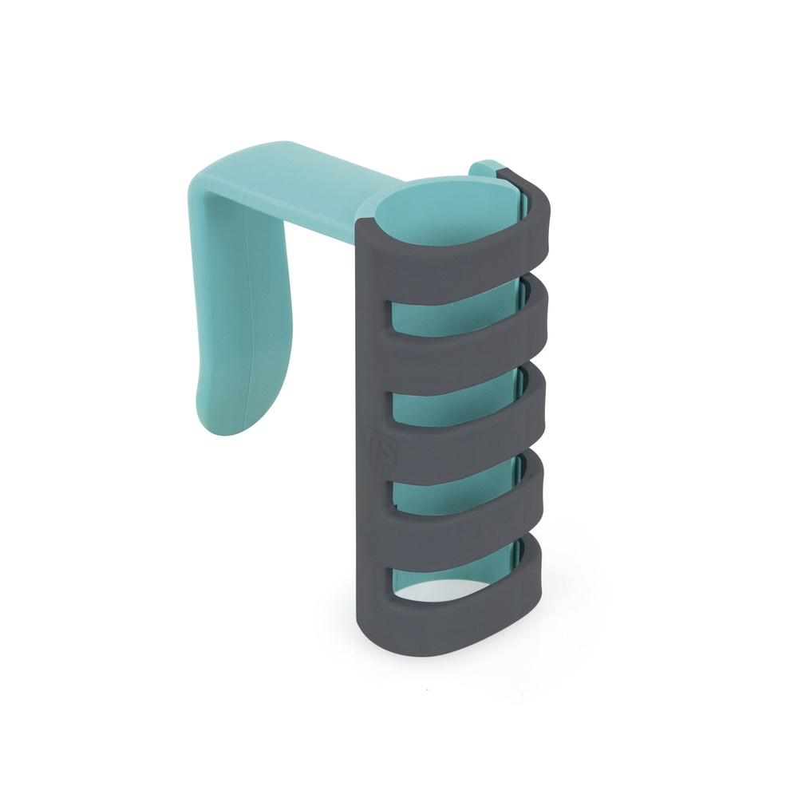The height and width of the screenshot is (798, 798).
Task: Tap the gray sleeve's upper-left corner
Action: pyautogui.click(x=361, y=227)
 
